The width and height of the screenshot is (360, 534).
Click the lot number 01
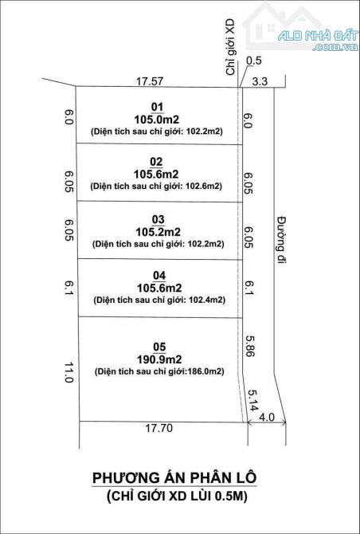coord(157,108)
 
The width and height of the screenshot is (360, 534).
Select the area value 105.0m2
coord(157,120)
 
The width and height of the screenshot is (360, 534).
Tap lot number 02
coord(158,162)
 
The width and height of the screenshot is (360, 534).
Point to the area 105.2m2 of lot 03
coord(158,232)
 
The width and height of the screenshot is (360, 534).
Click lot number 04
coord(159,276)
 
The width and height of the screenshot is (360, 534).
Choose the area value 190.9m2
coord(159,359)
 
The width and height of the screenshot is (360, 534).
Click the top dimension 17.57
coord(150,81)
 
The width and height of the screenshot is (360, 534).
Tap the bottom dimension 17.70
coord(159,428)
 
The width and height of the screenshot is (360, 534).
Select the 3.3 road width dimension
coord(260,81)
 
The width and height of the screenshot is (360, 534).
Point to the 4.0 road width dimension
coord(267,417)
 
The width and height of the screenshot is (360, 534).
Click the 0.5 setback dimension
coord(253,61)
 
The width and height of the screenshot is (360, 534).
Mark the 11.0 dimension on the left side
coord(69,372)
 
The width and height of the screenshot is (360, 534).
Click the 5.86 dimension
coord(250,346)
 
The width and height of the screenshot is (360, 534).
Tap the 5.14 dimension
coord(252,400)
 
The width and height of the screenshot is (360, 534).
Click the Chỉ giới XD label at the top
coord(231,47)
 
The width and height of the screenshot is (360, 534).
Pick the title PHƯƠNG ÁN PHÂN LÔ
coord(174,477)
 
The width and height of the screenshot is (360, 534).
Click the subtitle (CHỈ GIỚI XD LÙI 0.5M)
coord(177,497)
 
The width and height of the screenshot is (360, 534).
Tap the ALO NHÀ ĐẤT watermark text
coord(318,35)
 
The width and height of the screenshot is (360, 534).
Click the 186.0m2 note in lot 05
coord(203,371)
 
